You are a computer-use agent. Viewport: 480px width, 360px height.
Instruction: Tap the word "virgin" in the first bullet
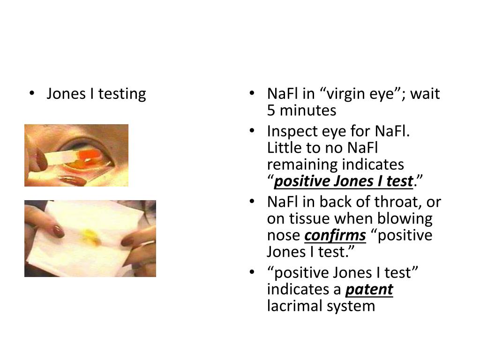[345, 94]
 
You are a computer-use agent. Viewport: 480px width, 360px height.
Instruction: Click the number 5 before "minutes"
[271, 111]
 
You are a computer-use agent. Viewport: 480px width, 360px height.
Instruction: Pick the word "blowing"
[410, 219]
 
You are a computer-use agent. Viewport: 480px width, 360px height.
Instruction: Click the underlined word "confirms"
[335, 235]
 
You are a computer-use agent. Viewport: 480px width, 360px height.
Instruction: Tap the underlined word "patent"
[369, 290]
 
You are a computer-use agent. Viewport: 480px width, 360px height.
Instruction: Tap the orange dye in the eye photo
[87, 155]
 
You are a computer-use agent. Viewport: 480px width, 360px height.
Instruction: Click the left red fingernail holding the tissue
[58, 231]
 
